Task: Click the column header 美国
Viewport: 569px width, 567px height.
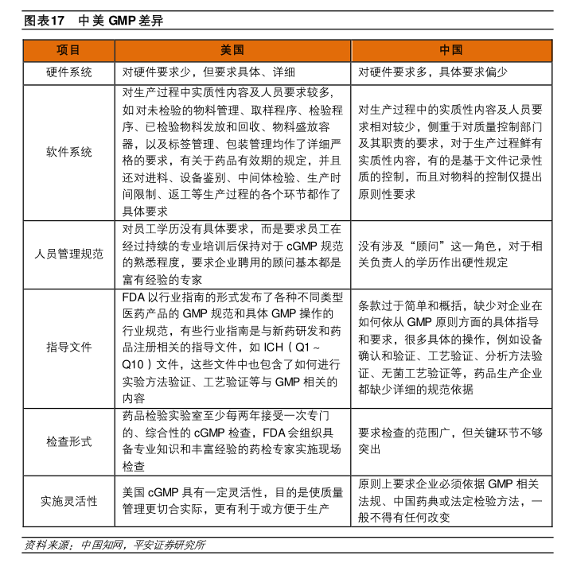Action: click(232, 50)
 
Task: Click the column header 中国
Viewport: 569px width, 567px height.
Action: click(450, 50)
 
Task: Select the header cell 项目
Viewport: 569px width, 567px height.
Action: click(68, 50)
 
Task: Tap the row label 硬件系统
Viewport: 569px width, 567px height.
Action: click(68, 72)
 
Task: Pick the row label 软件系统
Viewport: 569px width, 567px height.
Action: click(68, 152)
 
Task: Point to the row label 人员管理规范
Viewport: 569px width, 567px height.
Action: click(68, 254)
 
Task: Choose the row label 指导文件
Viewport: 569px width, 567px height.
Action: click(68, 347)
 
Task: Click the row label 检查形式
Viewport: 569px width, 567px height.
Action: click(68, 441)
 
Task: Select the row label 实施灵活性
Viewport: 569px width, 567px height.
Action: click(68, 501)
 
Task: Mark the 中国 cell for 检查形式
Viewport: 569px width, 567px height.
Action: click(450, 441)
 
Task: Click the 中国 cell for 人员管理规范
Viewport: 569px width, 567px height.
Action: click(450, 254)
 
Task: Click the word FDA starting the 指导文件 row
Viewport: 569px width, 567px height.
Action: click(132, 297)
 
